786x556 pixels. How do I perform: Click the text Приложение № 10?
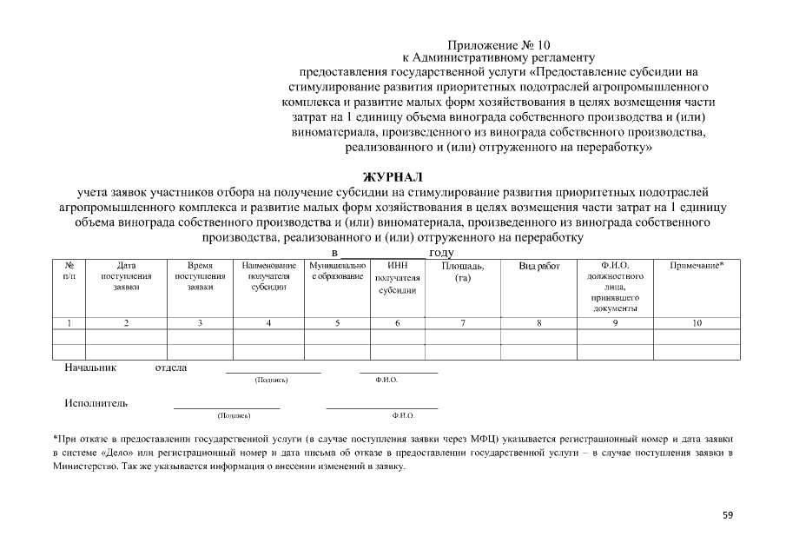point(499,44)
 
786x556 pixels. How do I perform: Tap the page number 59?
point(728,515)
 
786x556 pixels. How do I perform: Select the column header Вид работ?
point(539,265)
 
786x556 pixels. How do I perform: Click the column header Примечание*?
point(697,265)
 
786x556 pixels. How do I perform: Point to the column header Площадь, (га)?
point(463,271)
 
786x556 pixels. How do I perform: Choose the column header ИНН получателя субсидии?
point(397,277)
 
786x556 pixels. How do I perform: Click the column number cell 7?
point(463,323)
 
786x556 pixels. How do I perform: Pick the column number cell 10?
point(697,323)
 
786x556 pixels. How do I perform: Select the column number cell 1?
point(69,323)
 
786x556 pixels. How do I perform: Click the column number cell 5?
point(337,323)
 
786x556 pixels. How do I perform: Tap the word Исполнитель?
point(96,403)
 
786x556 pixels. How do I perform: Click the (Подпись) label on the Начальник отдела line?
point(271,381)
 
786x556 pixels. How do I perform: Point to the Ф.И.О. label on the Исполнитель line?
point(403,415)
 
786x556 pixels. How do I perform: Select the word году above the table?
point(442,251)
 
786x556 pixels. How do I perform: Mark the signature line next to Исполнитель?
point(227,407)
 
